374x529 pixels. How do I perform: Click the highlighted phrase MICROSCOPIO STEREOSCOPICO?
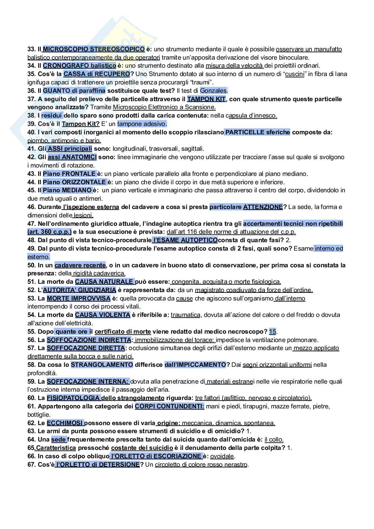[x=94, y=49]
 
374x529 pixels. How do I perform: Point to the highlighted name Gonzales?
[x=213, y=90]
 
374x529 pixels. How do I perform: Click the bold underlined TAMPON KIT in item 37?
[x=206, y=99]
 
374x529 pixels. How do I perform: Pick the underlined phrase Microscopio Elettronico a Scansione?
[x=164, y=107]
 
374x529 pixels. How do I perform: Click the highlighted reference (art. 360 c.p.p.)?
[x=50, y=232]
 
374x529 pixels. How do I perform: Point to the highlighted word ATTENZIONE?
[x=263, y=207]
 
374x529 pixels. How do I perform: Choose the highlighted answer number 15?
[x=272, y=332]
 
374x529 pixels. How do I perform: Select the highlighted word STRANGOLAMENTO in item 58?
[x=102, y=365]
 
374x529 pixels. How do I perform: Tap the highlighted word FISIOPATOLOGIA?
[x=73, y=398]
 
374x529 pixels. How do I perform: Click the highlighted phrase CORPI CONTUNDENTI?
[x=169, y=406]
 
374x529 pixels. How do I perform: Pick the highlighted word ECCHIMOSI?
[x=65, y=423]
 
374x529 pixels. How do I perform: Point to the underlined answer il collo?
[x=274, y=440]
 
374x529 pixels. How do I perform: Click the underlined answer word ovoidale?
[x=222, y=456]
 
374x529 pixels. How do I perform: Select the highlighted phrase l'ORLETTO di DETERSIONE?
[x=97, y=465]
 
